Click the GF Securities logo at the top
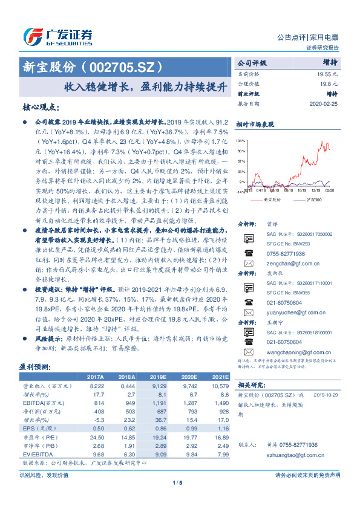click(x=59, y=35)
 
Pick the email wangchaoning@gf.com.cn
click(x=292, y=352)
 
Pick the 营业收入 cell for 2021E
click(x=220, y=386)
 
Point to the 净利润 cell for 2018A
click(x=129, y=411)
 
